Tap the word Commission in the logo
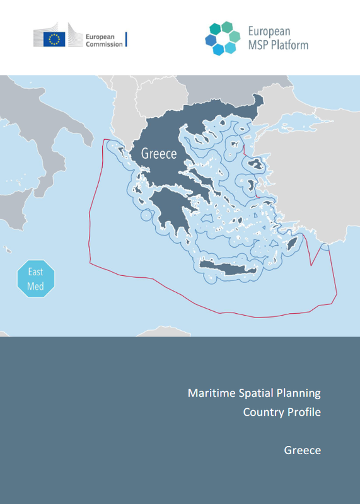tap(104, 44)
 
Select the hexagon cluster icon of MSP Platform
tap(222, 38)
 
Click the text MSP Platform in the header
tap(278, 45)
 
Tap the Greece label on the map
tap(159, 153)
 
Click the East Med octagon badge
tap(36, 278)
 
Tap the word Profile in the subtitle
tap(304, 413)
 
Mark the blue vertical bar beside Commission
tap(127, 40)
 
